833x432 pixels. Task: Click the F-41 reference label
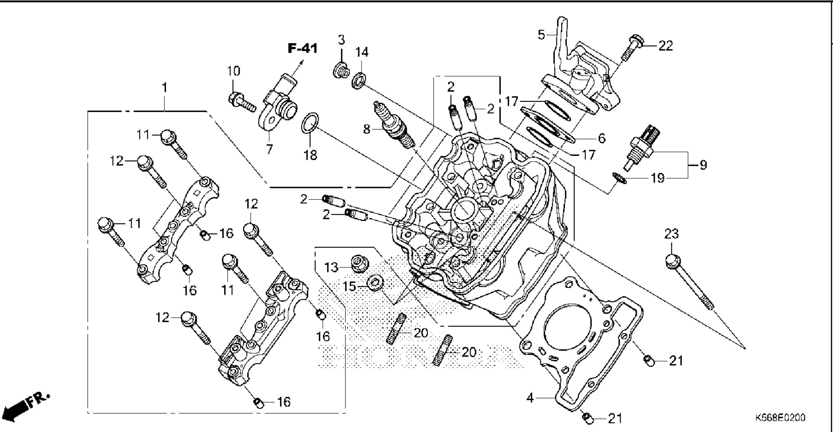(302, 49)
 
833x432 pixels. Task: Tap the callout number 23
(671, 234)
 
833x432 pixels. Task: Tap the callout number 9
(703, 165)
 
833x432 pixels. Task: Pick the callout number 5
(541, 34)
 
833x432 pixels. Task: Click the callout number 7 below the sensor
(269, 149)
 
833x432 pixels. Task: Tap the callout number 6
(601, 139)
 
